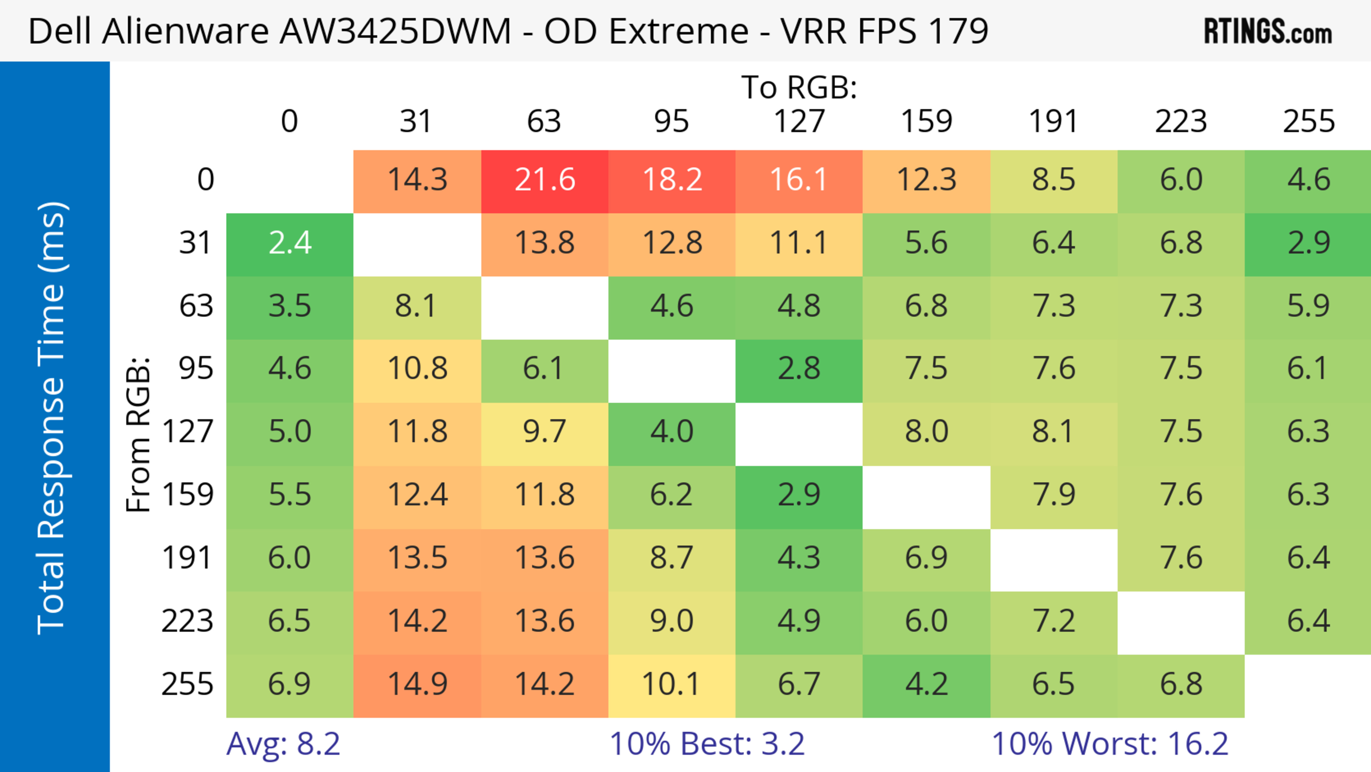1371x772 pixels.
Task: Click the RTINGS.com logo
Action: tap(1268, 31)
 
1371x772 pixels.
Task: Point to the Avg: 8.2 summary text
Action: tap(283, 743)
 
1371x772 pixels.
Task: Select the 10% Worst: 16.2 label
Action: tap(1110, 743)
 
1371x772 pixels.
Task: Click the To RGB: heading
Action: tap(799, 87)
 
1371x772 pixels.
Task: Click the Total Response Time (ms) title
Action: tap(52, 418)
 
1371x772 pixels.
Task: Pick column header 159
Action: tap(926, 121)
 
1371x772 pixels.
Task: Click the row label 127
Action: tap(187, 431)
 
